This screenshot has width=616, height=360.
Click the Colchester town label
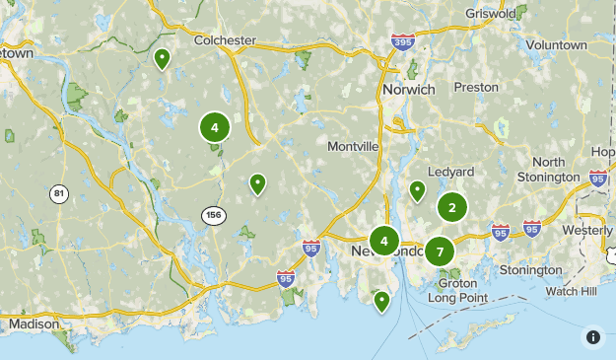pos(226,40)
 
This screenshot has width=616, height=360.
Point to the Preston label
pos(476,87)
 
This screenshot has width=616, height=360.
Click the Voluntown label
pos(556,45)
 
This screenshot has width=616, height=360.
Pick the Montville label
pos(353,146)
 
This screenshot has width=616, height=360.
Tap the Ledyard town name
pos(452,172)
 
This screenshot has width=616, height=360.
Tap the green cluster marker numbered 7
pos(440,252)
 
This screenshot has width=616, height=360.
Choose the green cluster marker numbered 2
pos(452,207)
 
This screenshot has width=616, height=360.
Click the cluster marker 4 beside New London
pos(384,241)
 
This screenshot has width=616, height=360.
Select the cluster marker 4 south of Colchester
pos(214,126)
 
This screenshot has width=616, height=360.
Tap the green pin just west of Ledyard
pos(417,189)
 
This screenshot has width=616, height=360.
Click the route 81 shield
pos(60,193)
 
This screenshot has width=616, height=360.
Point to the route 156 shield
pos(212,214)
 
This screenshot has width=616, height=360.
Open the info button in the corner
pos(593,337)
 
